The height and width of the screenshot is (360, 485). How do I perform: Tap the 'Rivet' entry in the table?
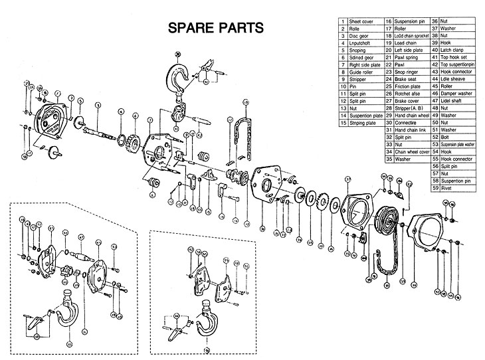448,189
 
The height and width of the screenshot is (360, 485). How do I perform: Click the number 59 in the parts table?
435,189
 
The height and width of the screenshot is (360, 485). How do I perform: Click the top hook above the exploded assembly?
180,80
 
